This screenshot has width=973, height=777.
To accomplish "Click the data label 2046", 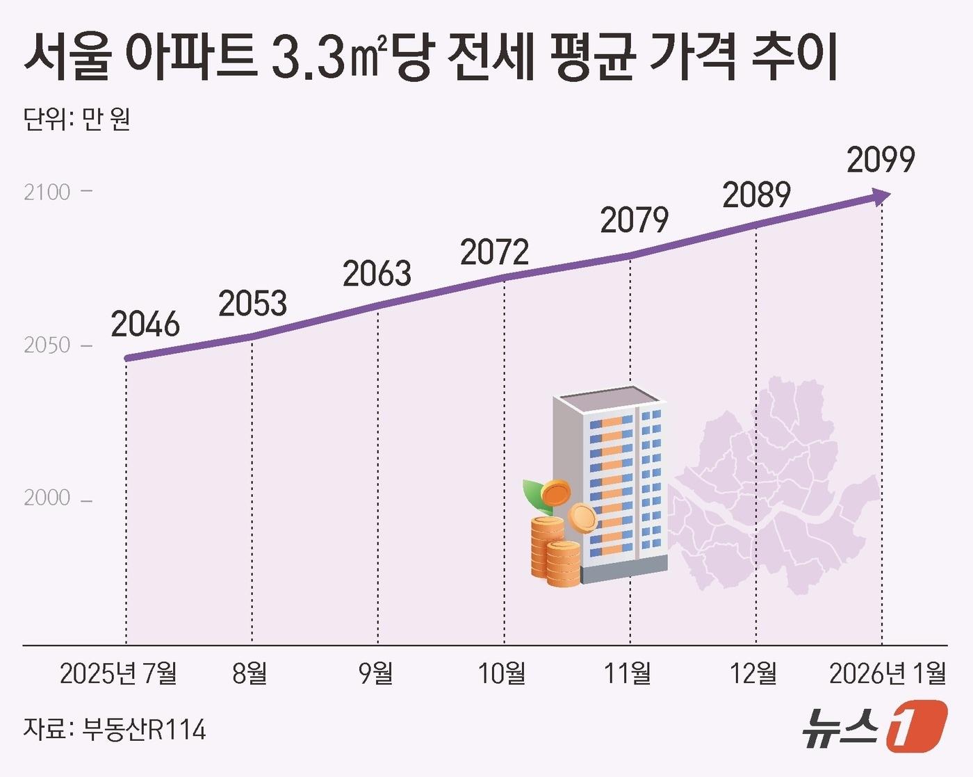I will coord(145,325).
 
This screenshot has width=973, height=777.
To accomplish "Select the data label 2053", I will coord(253,304).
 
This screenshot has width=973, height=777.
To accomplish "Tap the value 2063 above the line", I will coord(377,274).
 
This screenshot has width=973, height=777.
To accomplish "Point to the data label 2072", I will coord(494,252).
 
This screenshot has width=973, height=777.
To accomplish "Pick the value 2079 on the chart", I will coord(634,220).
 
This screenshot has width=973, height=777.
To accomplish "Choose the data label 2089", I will coord(756,195).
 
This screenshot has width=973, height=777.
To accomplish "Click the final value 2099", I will coord(881,160).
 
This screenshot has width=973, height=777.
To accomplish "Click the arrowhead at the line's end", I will coord(882,197).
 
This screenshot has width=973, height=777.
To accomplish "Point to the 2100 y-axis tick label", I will coord(47,193).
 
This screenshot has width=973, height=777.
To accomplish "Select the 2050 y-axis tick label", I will coord(47,345).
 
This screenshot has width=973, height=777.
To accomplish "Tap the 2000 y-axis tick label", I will coord(47,498).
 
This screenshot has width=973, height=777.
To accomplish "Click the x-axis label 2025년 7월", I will coord(118,673).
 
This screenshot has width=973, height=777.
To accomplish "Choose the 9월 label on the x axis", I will coord(376,673).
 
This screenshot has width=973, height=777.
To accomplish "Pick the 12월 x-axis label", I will coord(753,673).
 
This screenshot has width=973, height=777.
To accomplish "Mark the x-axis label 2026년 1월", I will coord(888,673).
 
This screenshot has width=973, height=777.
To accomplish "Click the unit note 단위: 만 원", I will coord(77,120).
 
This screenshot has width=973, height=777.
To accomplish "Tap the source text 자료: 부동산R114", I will coord(115,729).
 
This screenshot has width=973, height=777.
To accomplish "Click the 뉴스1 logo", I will coord(874,726).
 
